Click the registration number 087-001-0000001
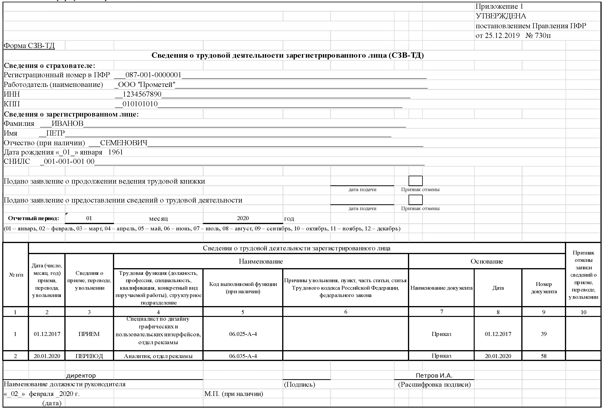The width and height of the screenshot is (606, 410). point(153,75)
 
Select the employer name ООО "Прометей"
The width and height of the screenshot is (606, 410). point(147,85)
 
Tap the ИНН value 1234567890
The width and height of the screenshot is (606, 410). point(142,94)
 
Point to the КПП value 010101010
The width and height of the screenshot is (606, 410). point(140,104)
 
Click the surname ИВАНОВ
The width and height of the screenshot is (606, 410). point(68,124)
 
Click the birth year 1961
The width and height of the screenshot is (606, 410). point(115,152)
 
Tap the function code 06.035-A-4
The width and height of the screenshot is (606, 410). point(243,356)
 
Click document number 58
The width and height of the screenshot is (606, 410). point(543,356)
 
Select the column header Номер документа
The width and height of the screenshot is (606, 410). point(544,288)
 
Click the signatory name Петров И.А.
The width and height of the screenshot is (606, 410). point(434,376)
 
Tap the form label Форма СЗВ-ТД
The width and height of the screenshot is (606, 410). point(29,46)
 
